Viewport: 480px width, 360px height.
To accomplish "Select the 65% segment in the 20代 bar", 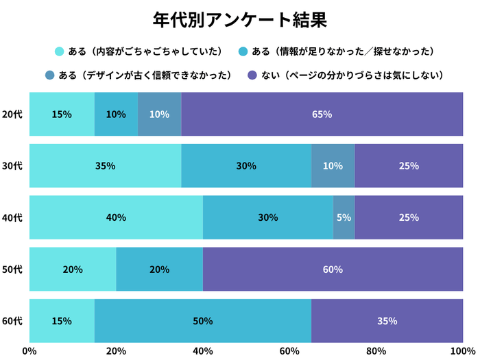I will click(322, 114).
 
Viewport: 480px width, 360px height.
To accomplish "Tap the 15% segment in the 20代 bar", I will click(62, 114).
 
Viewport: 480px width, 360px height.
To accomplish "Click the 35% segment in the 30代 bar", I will click(105, 165).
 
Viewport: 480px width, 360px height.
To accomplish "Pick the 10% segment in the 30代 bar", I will click(333, 165).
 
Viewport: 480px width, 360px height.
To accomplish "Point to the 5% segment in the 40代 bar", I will click(344, 217).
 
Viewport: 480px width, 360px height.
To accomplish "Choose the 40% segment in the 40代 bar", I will click(116, 217).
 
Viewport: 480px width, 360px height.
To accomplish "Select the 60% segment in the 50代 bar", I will click(333, 269).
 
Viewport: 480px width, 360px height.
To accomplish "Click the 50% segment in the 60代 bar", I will click(203, 321).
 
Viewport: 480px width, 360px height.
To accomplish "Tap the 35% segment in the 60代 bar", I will click(387, 321).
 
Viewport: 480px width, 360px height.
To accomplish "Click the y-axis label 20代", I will click(12, 114).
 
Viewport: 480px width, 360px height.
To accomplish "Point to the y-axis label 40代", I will click(12, 217).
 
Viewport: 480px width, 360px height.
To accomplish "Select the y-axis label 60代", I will click(12, 321).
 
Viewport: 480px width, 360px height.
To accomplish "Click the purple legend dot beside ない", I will click(252, 75).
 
